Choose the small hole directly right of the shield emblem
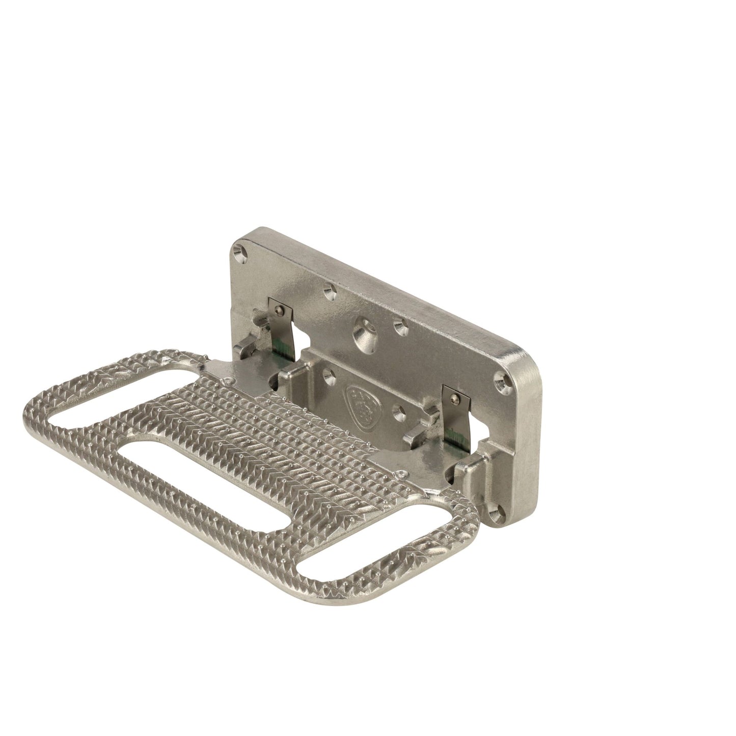click(397, 423)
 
